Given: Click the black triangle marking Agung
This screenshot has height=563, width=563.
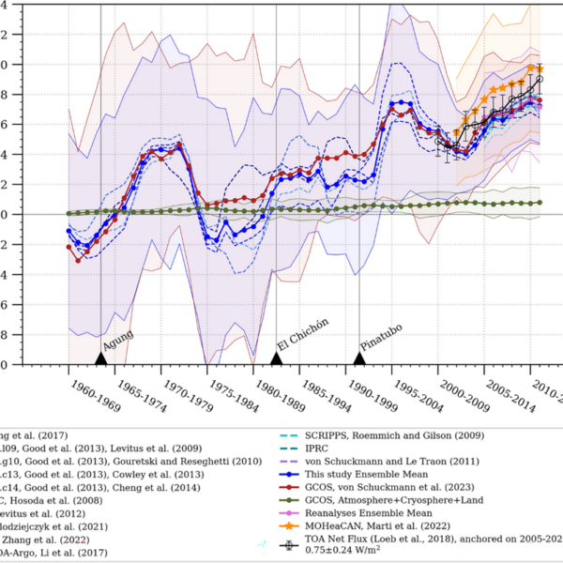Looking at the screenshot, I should pyautogui.click(x=100, y=358).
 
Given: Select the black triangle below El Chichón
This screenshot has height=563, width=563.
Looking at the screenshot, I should pyautogui.click(x=277, y=358).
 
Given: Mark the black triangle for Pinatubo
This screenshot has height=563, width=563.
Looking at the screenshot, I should pyautogui.click(x=359, y=358).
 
